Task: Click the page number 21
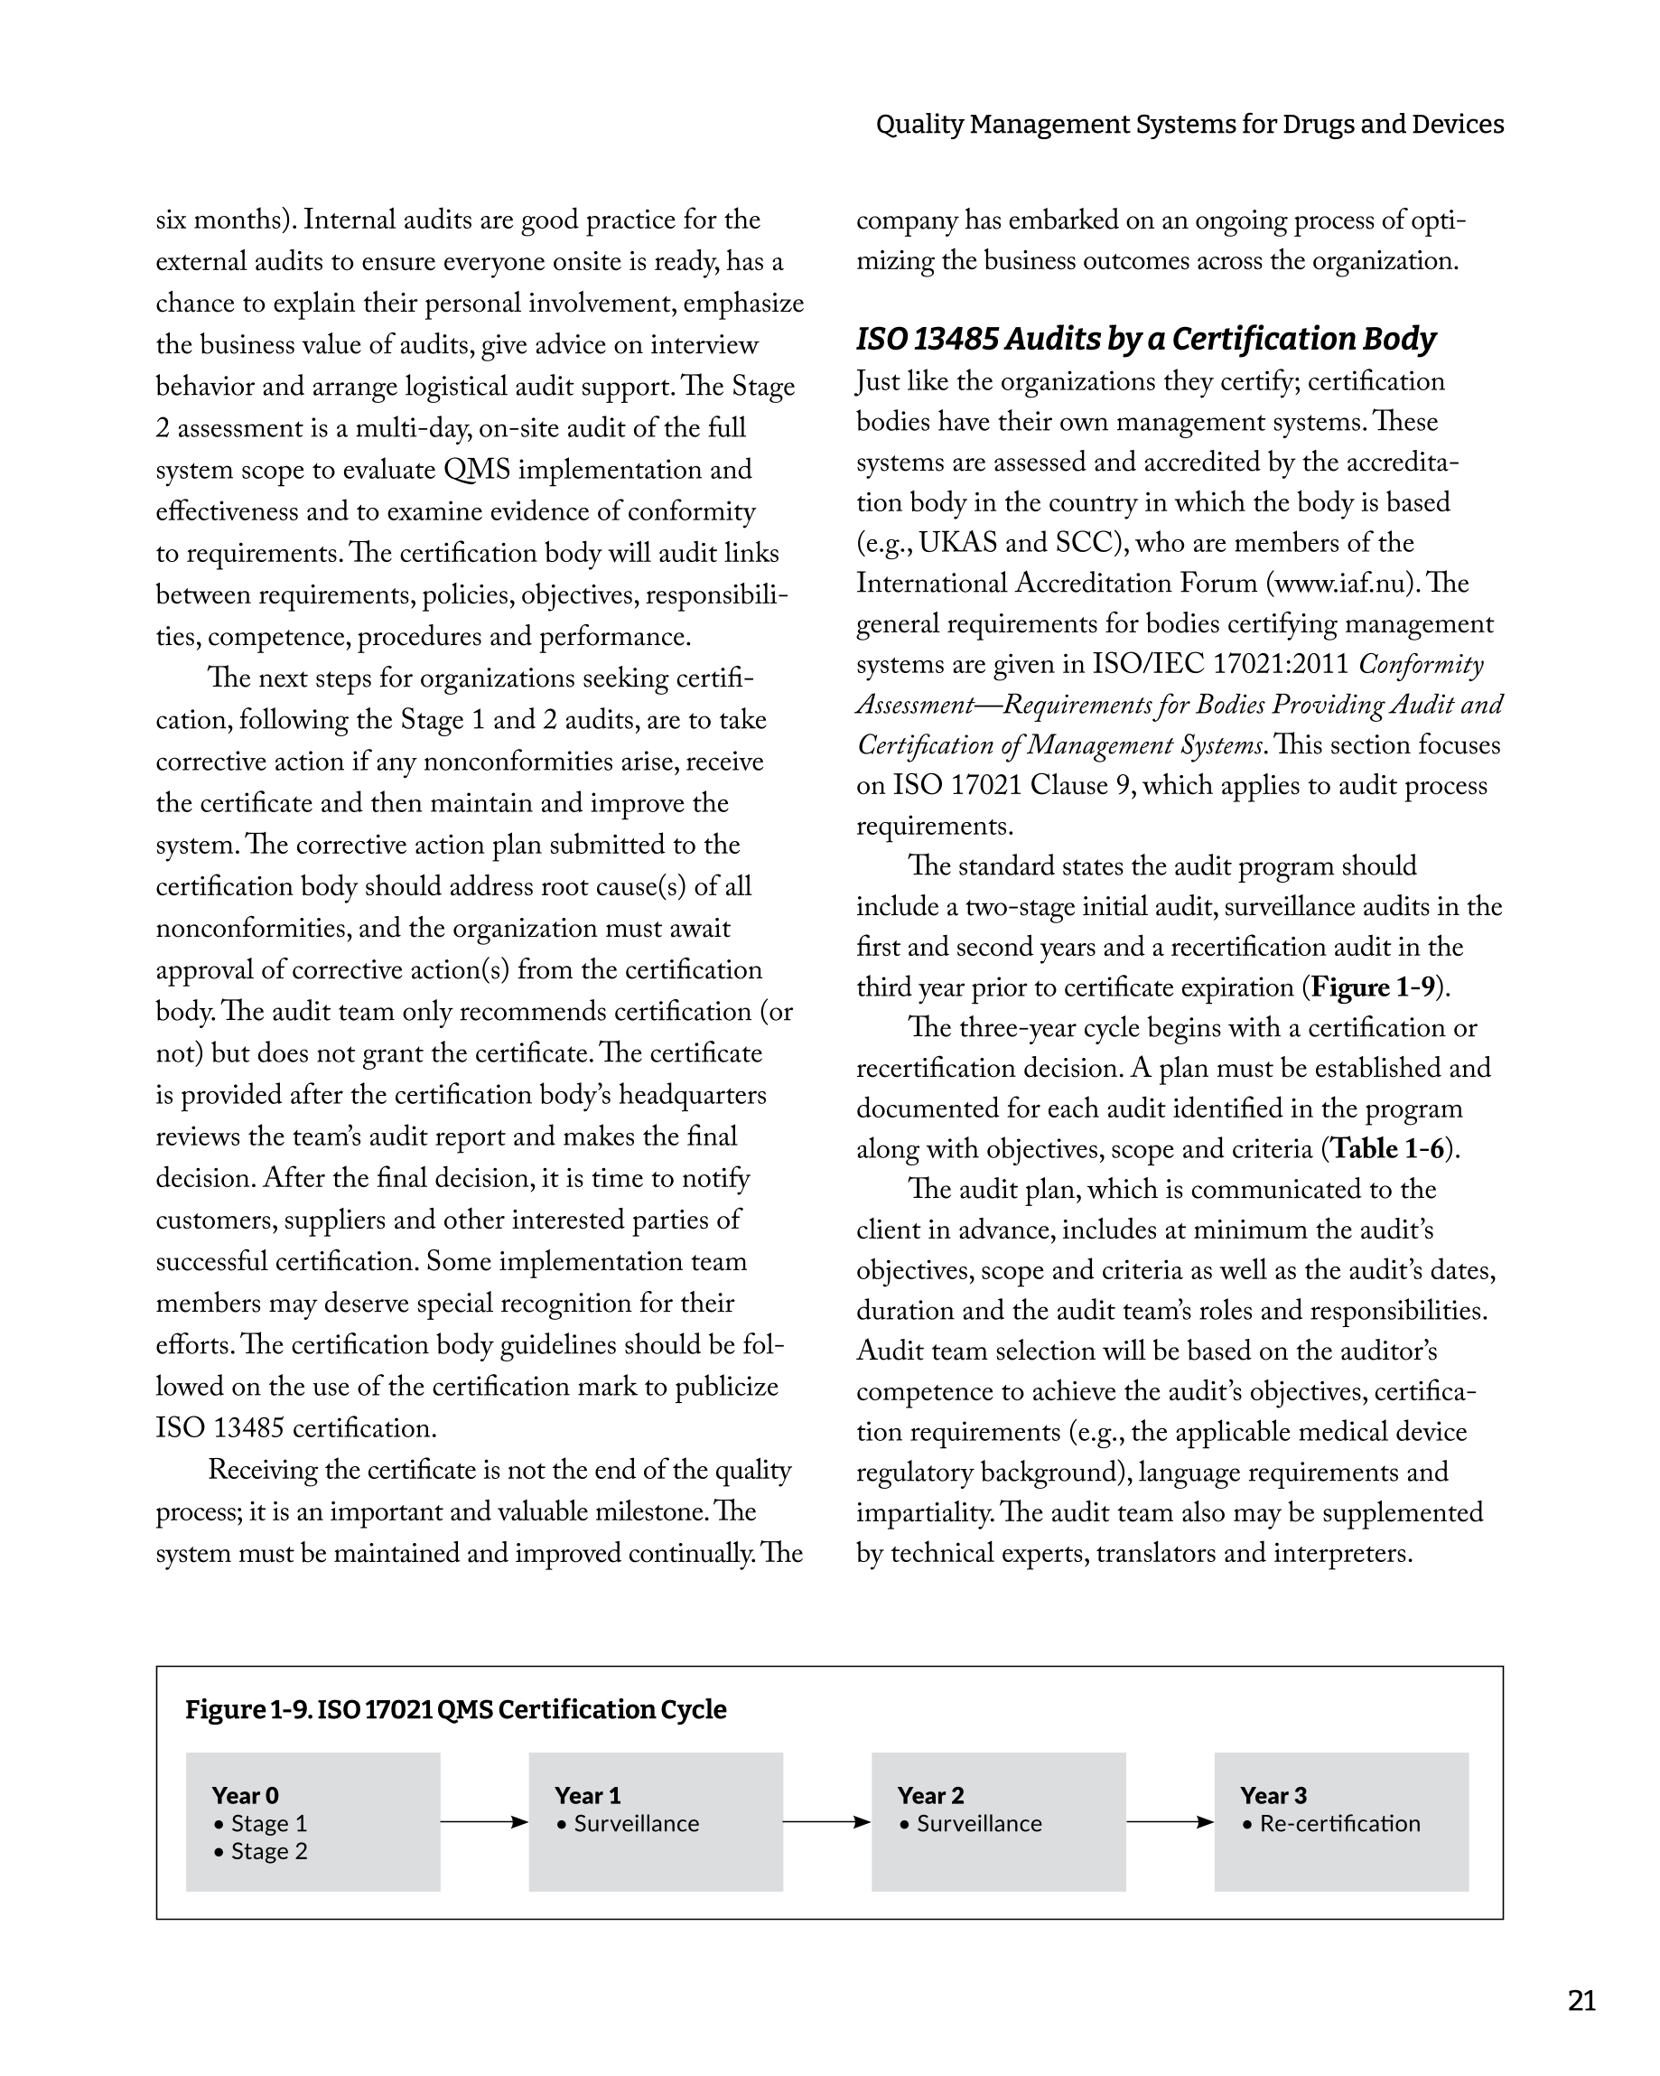point(1581,2001)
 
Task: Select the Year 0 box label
point(246,1795)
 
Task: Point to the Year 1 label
point(587,1795)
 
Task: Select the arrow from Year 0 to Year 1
point(484,1822)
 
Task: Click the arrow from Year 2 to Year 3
point(1170,1822)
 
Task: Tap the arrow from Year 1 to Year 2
point(827,1822)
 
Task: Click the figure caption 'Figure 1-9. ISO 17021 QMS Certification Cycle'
point(455,1709)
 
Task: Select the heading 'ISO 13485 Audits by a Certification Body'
point(1145,339)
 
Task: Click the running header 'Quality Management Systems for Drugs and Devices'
point(1189,124)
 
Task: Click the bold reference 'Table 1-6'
point(1387,1149)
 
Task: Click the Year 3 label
point(1273,1795)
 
